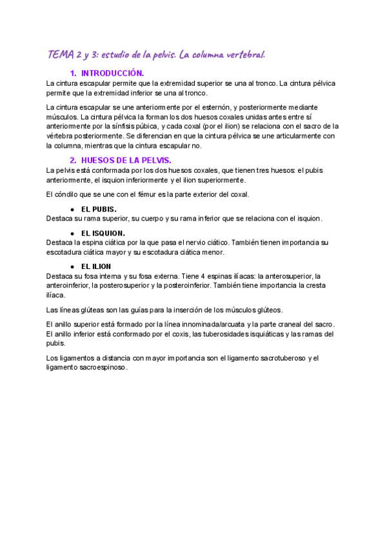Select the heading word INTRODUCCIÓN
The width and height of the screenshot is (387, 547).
[x=113, y=74]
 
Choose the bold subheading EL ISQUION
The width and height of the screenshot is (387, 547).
[x=103, y=233]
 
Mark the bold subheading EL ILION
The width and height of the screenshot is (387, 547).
[x=96, y=266]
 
